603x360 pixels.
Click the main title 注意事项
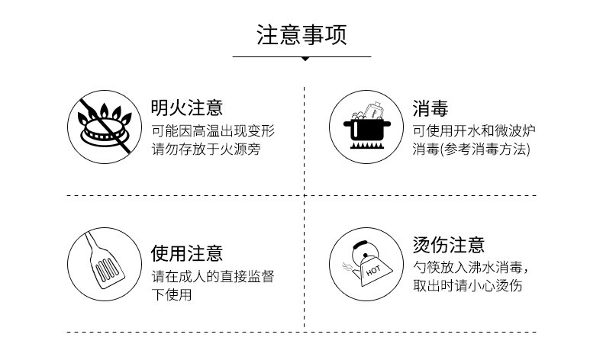pyautogui.click(x=302, y=34)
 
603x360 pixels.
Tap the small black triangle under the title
pyautogui.click(x=305, y=59)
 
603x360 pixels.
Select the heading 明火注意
pyautogui.click(x=187, y=108)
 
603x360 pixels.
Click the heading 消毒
pyautogui.click(x=430, y=108)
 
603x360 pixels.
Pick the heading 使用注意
pyautogui.click(x=187, y=253)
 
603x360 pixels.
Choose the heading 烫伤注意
pyautogui.click(x=448, y=245)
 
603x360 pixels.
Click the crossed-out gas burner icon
pyautogui.click(x=105, y=127)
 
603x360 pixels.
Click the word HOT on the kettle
pyautogui.click(x=373, y=271)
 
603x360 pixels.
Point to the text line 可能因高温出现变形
pyautogui.click(x=213, y=131)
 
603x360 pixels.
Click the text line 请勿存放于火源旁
pyautogui.click(x=206, y=149)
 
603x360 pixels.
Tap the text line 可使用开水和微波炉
pyautogui.click(x=474, y=131)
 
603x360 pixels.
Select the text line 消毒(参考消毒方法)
pyautogui.click(x=472, y=149)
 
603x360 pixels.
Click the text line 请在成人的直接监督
pyautogui.click(x=213, y=276)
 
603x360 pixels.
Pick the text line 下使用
pyautogui.click(x=172, y=294)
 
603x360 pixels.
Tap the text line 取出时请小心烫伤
pyautogui.click(x=468, y=285)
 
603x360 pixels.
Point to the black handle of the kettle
pyautogui.click(x=361, y=244)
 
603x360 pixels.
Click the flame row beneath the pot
pyautogui.click(x=366, y=146)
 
